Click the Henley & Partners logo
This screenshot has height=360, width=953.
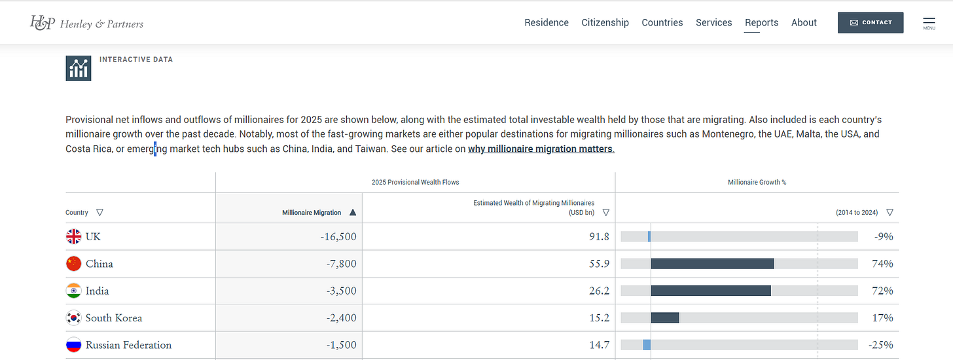(x=86, y=23)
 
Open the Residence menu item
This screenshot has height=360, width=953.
(x=547, y=22)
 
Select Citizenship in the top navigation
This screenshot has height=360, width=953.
(x=605, y=22)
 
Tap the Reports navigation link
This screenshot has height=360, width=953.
(x=761, y=22)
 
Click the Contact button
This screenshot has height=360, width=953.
(x=871, y=22)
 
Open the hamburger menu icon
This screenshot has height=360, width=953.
(x=929, y=23)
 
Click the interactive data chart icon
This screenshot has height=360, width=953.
(x=79, y=68)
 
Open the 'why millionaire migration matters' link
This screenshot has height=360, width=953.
(x=541, y=149)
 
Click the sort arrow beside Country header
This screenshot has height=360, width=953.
(x=99, y=212)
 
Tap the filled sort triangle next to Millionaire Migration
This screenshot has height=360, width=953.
(x=353, y=212)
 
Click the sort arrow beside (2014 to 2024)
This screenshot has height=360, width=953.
(x=890, y=212)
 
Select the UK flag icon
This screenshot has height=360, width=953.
(x=73, y=236)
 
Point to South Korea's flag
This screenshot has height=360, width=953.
(x=73, y=318)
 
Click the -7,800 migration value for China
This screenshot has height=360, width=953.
(x=341, y=264)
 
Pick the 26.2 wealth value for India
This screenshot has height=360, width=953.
(x=599, y=291)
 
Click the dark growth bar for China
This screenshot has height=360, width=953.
(x=712, y=264)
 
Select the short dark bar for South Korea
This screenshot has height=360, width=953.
(x=665, y=317)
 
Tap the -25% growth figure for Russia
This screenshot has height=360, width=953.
(x=881, y=345)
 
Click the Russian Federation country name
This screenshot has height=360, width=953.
(x=128, y=345)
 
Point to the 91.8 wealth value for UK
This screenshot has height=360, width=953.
(x=599, y=236)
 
